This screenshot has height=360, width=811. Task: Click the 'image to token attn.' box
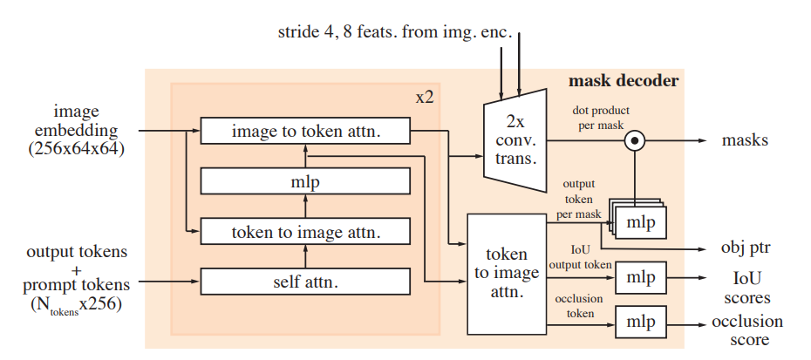pos(305,132)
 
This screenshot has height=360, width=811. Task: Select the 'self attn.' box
pos(305,282)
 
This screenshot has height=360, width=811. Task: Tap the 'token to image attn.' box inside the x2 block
pos(305,232)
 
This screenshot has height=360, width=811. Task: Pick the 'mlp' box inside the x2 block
pos(305,181)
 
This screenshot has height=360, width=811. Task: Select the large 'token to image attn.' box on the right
pos(506,274)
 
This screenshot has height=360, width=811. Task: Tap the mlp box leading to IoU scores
pos(640,277)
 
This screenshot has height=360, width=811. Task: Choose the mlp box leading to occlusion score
pos(640,322)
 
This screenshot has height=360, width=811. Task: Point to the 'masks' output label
pos(745,139)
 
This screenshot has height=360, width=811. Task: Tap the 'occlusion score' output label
pos(746,330)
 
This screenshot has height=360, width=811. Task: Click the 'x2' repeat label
pos(425,97)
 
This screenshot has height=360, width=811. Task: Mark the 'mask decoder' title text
pos(623,82)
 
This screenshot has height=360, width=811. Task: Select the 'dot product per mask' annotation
pos(601,119)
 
